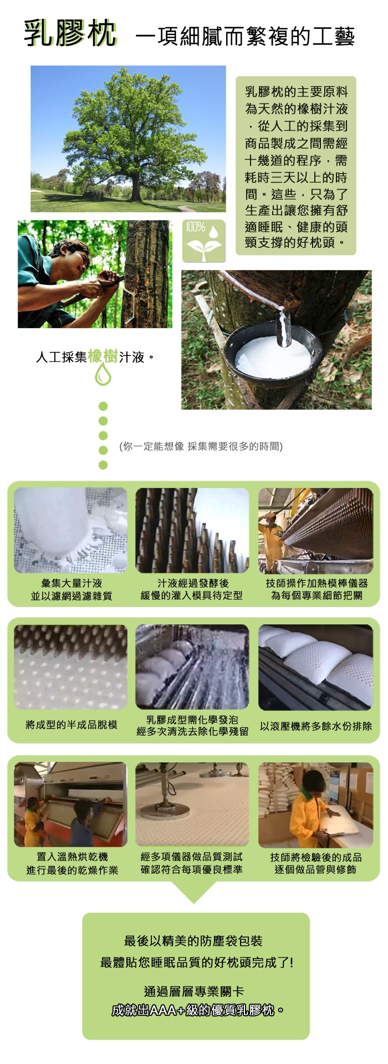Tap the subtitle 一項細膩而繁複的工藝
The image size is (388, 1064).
pos(245,37)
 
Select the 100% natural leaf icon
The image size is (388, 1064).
pos(203,241)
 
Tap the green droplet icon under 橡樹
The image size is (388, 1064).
pos(103,375)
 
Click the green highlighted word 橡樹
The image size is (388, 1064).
pos(103,356)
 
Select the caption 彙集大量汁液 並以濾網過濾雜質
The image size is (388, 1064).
pos(72,589)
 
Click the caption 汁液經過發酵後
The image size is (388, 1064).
pos(193,583)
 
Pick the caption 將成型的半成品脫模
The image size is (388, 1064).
pos(72,725)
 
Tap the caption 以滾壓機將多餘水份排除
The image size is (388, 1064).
pos(316,726)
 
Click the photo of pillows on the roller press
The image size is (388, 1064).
pos(315,667)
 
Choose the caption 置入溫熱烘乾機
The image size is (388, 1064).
pos(72,857)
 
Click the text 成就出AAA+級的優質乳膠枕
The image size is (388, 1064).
pos(198,1010)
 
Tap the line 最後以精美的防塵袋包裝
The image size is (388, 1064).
pos(193,940)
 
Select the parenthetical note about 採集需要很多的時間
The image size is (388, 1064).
pos(201,446)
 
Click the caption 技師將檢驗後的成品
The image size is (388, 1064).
pos(316,857)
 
